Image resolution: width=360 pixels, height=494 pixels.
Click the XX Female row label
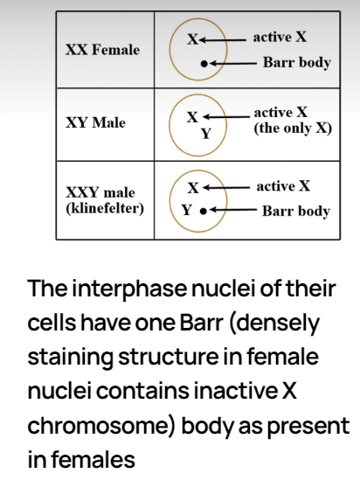(x=102, y=50)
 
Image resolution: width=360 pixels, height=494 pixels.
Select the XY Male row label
(x=95, y=122)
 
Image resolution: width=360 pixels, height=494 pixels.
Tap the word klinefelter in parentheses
(x=105, y=209)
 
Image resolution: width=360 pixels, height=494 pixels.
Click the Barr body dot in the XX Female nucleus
(x=204, y=64)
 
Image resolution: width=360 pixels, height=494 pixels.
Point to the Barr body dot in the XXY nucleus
(x=204, y=211)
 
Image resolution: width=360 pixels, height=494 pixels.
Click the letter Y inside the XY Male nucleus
(x=206, y=134)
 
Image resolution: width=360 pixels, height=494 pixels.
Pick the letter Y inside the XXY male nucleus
(x=186, y=210)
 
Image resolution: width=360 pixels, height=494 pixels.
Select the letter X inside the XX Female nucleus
(x=193, y=39)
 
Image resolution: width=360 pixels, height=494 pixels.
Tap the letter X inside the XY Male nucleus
(x=192, y=117)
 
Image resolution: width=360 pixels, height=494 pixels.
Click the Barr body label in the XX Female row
(x=297, y=62)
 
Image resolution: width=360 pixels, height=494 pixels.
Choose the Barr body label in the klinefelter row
(x=296, y=211)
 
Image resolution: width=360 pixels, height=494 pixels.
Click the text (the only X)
(x=293, y=129)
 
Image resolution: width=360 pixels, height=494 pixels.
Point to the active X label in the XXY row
(x=283, y=186)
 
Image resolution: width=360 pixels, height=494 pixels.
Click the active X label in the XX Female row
(x=280, y=38)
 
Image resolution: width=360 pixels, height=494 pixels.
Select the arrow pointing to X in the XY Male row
(x=226, y=117)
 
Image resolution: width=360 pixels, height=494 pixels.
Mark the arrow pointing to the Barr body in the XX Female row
(x=233, y=64)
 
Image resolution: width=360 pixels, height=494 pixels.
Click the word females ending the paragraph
(x=93, y=459)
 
